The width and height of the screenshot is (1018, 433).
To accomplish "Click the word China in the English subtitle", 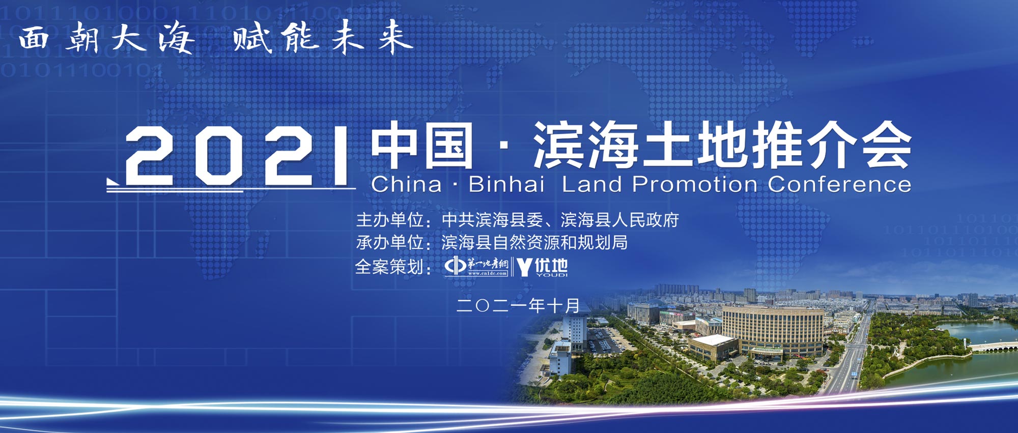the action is [x=406, y=184].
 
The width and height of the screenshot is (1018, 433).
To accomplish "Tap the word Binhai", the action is [x=506, y=184].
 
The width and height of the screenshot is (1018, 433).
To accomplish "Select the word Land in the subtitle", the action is [x=591, y=184].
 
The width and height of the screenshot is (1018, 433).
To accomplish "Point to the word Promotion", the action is [x=694, y=184].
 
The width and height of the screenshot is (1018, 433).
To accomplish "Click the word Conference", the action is [x=839, y=184].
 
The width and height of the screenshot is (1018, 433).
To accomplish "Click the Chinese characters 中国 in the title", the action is [x=422, y=146].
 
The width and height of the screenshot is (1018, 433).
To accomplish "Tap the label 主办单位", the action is [x=390, y=220].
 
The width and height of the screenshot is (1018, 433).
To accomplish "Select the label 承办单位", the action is [x=390, y=243].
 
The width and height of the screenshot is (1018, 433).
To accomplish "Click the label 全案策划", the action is [x=389, y=267].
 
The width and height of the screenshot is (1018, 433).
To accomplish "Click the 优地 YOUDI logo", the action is [x=543, y=267].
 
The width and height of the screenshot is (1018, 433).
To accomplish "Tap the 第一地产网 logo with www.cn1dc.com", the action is [x=476, y=267].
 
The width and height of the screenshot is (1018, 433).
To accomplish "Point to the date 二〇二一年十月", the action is [x=518, y=305].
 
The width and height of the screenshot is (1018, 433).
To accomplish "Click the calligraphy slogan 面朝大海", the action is [x=106, y=38].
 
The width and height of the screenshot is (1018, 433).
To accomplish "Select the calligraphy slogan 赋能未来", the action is [x=323, y=37].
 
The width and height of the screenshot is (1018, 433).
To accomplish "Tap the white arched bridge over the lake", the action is [x=993, y=348].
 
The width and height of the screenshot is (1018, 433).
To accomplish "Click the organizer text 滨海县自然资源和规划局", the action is [x=534, y=243].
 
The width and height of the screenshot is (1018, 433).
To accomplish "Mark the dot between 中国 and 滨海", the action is [x=503, y=147].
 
